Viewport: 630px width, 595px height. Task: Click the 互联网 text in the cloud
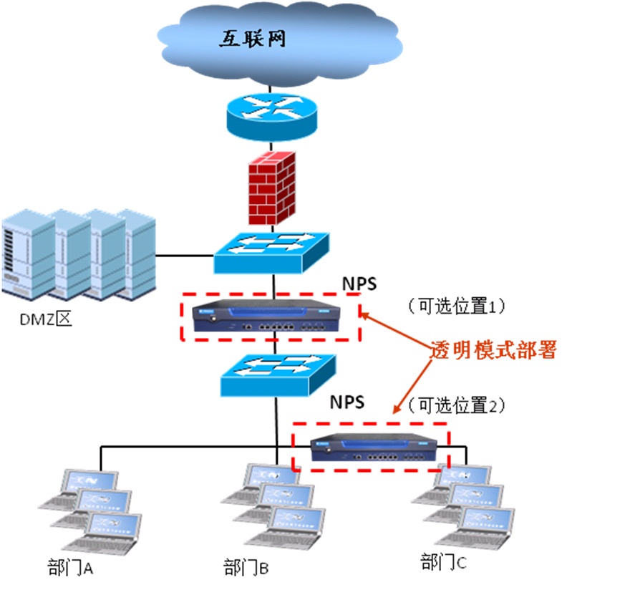pyautogui.click(x=251, y=38)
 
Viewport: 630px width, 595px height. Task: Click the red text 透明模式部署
pyautogui.click(x=493, y=351)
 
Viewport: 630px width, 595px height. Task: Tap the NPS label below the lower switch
pyautogui.click(x=346, y=402)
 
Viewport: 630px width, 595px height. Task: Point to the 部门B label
pyautogui.click(x=245, y=569)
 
